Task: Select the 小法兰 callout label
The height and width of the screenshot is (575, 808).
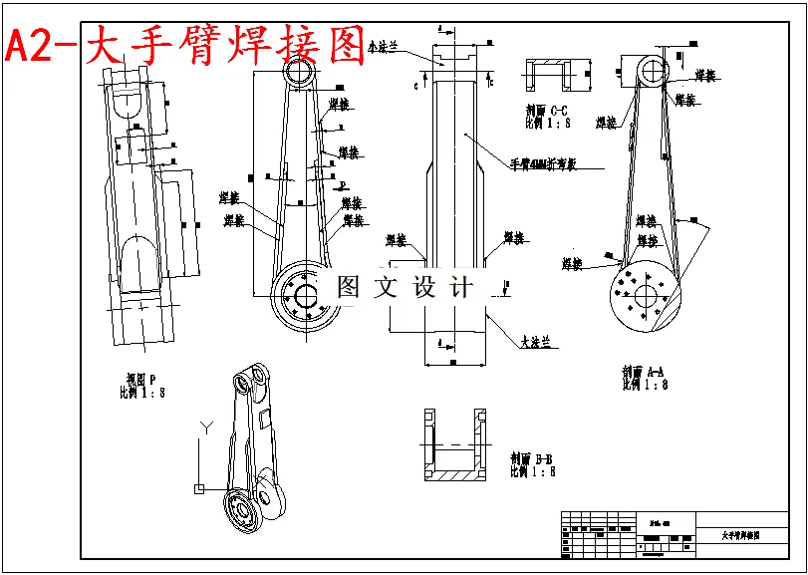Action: pos(384,47)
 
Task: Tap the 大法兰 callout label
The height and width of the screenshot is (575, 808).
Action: pos(535,342)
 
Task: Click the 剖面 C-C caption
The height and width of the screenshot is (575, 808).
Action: pos(547,117)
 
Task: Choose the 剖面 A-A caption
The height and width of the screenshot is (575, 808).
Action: pos(644,377)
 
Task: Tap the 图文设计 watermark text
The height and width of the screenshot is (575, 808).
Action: pos(404,288)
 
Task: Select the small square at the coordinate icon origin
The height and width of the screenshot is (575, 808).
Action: pos(199,488)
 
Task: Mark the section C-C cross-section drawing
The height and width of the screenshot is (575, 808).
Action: pos(550,74)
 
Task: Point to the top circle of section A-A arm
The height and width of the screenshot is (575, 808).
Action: pos(652,71)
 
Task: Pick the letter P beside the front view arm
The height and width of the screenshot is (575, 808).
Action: pos(342,185)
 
